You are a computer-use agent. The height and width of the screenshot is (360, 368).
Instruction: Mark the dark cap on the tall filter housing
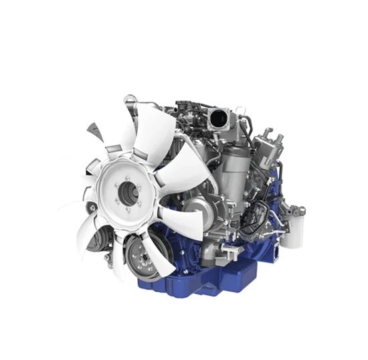coord(230,149)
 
